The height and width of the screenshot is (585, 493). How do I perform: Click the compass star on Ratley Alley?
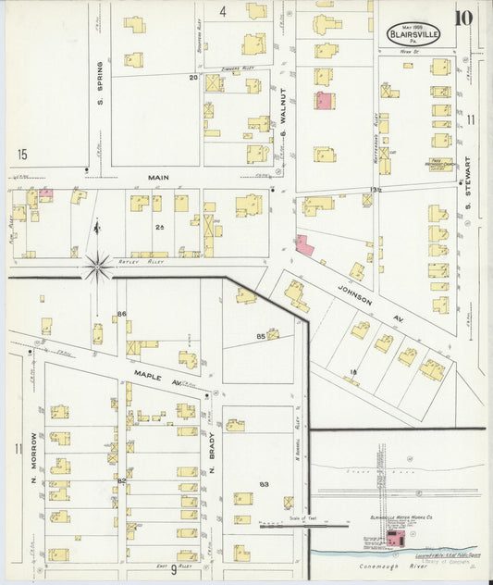tap(98, 267)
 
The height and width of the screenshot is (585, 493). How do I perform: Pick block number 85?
tap(261, 335)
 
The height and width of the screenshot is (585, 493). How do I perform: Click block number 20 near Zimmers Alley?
tap(193, 78)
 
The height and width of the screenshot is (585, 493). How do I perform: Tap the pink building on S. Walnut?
tap(324, 100)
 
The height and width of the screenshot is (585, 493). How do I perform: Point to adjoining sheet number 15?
tap(21, 153)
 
